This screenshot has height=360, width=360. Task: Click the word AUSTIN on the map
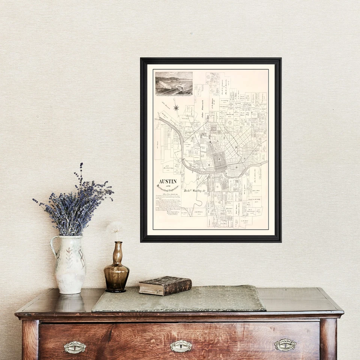click(x=168, y=181)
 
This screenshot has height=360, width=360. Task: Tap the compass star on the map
click(x=176, y=108)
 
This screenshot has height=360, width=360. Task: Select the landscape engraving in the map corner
click(x=174, y=83)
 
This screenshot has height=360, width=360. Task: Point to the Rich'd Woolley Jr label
click(x=195, y=190)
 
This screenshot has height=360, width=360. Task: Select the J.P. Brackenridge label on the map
click(x=168, y=164)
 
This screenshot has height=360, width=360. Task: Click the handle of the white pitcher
click(x=53, y=247)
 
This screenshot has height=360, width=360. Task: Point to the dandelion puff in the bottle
click(x=115, y=227)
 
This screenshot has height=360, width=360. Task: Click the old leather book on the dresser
click(x=165, y=285)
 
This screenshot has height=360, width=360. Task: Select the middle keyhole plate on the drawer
click(x=181, y=346)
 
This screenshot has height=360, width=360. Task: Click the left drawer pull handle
click(x=75, y=347)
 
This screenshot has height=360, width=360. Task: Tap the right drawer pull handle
click(x=285, y=345)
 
